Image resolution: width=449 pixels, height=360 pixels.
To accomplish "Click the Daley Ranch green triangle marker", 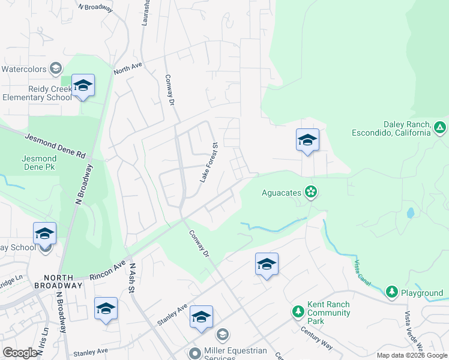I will tap(440, 127).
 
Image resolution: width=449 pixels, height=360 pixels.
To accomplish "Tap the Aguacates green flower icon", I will tap(311, 192).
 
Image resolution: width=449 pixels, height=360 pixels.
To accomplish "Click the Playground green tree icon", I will tap(392, 292).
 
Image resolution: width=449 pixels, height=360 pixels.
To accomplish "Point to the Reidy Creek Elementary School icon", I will tap(83, 86).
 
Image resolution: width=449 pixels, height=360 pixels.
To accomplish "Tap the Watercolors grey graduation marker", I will tap(56, 68).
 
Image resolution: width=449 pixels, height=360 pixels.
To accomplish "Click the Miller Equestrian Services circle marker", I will tap(194, 354).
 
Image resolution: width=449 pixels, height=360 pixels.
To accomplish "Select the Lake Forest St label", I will tap(208, 163).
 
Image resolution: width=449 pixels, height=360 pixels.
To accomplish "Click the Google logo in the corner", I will tap(20, 353).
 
